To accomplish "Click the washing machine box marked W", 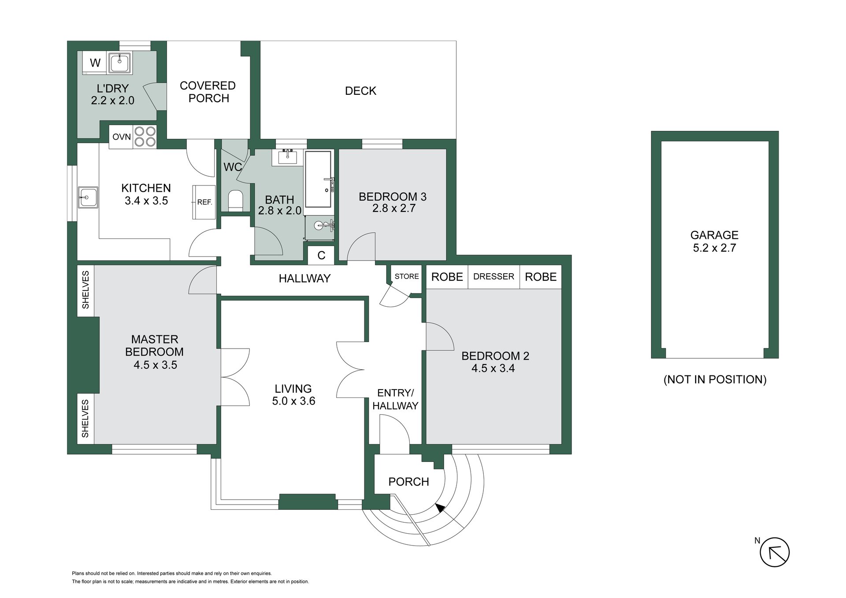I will [x=95, y=63].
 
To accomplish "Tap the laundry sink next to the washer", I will [x=119, y=63].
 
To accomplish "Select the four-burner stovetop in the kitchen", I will [x=145, y=136].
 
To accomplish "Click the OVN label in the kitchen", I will [x=121, y=137].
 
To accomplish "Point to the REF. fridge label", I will [x=205, y=202].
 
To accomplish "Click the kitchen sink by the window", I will [x=88, y=197].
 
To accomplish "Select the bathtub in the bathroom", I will [x=319, y=179].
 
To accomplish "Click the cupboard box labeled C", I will [x=321, y=255].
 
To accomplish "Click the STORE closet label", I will [x=406, y=276].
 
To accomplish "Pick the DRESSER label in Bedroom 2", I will [x=493, y=276].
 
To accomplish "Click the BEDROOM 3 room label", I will [x=393, y=197].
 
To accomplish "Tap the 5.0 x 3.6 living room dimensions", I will [x=293, y=401].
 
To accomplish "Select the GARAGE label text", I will [x=714, y=235].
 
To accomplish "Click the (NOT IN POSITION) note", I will [x=715, y=379].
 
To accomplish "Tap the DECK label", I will [x=360, y=91].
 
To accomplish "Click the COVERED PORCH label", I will [x=208, y=92].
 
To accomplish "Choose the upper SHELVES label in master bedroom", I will [x=85, y=290].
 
